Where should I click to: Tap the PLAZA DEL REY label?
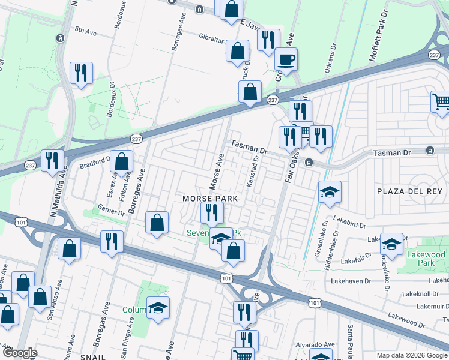pos(409,191)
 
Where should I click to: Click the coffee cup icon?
pos(286,59)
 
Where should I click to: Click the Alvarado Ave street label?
pos(313,352)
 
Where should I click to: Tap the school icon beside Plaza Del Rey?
pos(330,193)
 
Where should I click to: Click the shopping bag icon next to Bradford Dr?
pos(122,161)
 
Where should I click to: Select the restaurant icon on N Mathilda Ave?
pos(52,161)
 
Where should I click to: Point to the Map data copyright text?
pos(412,355)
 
